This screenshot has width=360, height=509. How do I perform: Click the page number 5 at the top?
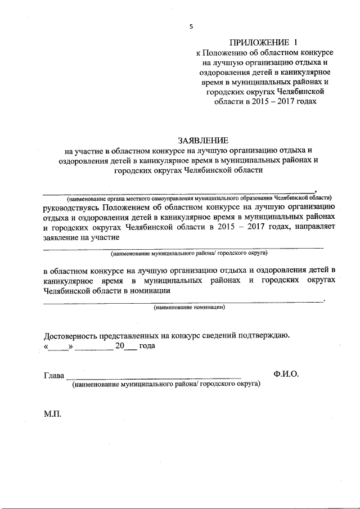[191, 26]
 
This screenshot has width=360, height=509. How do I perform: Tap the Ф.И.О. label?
[286, 374]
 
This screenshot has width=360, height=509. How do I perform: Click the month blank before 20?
[94, 348]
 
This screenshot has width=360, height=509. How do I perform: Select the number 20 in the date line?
[119, 346]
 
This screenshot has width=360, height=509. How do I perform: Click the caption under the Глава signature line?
[165, 385]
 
